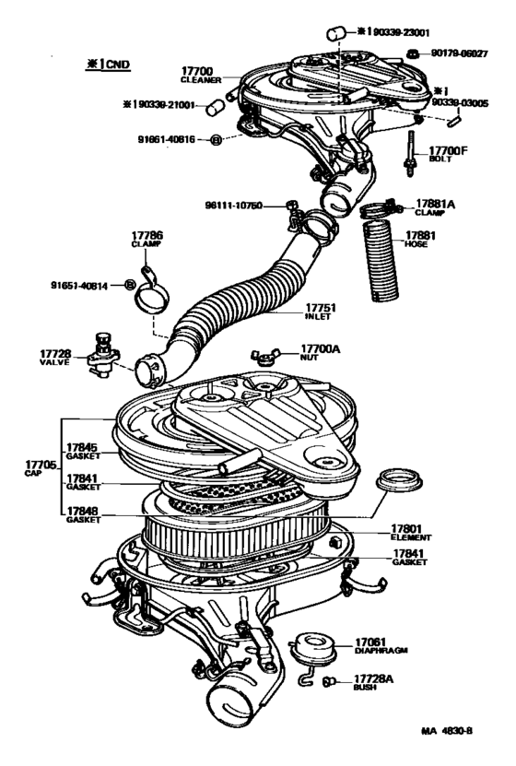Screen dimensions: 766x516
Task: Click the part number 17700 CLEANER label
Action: coord(197,75)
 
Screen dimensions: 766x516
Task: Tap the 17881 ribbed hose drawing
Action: coord(381,264)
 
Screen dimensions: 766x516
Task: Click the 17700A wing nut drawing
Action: coord(262,356)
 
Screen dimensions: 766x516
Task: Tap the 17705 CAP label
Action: coord(35,466)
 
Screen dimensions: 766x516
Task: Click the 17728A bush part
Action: coord(329,681)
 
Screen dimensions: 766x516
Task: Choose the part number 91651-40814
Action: coord(80,285)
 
